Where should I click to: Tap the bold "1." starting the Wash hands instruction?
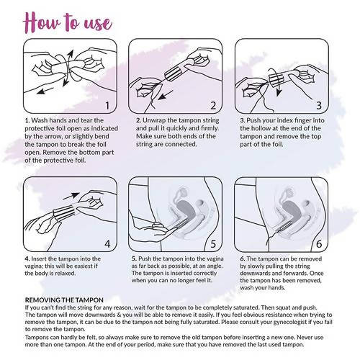pyautogui.click(x=27, y=120)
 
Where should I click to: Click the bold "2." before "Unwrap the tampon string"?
pyautogui.click(x=138, y=120)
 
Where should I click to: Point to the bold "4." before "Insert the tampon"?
pyautogui.click(x=27, y=258)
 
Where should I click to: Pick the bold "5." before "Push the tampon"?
pyautogui.click(x=135, y=258)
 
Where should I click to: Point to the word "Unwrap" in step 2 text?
pyautogui.click(x=158, y=120)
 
